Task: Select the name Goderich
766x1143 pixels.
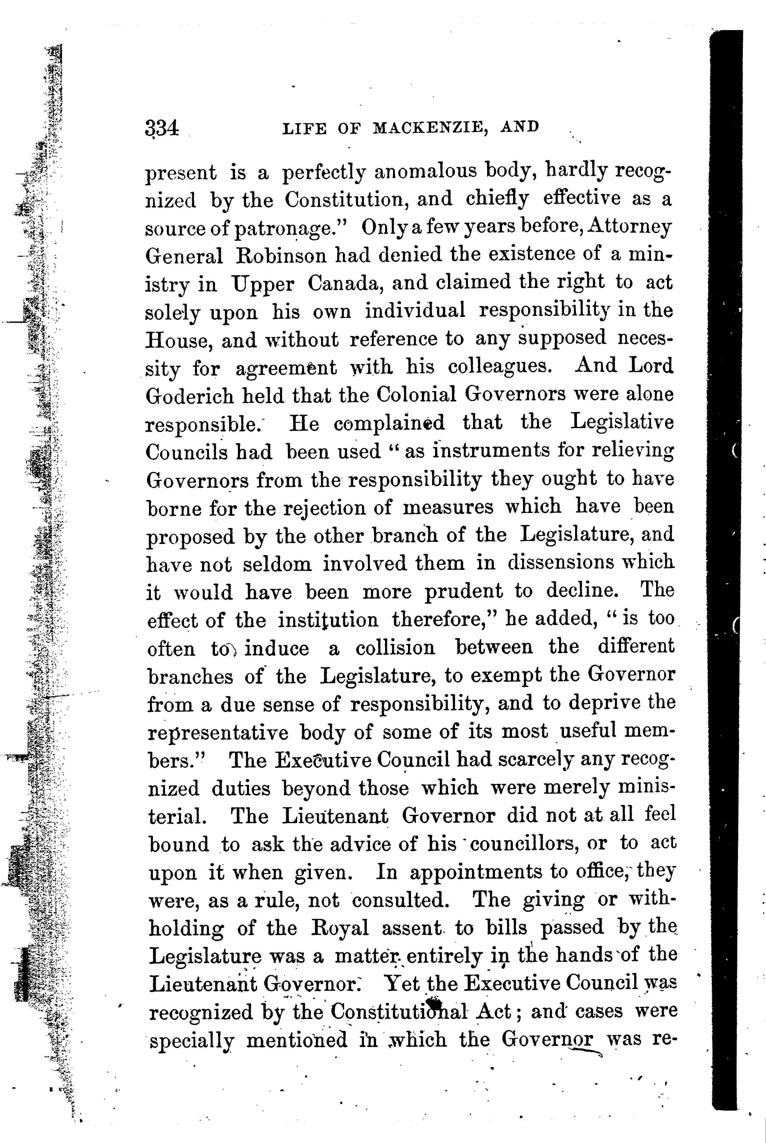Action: (190, 395)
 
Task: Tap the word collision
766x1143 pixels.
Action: (395, 648)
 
